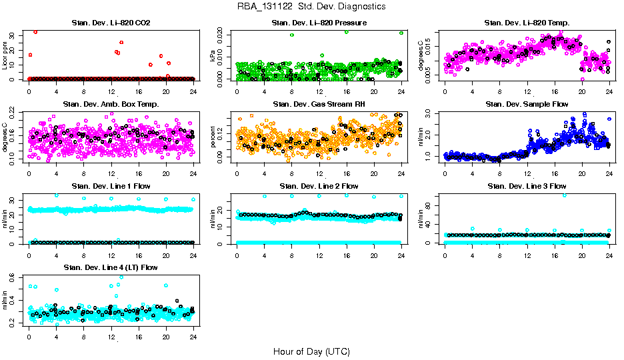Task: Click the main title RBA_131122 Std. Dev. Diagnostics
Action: click(x=311, y=7)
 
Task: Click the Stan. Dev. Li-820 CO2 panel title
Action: click(x=111, y=23)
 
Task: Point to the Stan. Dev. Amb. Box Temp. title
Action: click(x=111, y=104)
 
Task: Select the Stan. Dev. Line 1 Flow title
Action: click(x=111, y=186)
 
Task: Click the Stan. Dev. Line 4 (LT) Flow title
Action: click(x=111, y=267)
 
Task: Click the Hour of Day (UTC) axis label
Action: click(x=311, y=351)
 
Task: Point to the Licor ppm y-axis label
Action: click(x=5, y=55)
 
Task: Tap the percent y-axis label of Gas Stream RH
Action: click(x=213, y=137)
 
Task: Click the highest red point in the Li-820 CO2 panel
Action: click(x=35, y=32)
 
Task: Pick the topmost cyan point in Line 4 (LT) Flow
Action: click(x=121, y=277)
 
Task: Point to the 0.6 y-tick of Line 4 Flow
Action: click(x=15, y=279)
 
